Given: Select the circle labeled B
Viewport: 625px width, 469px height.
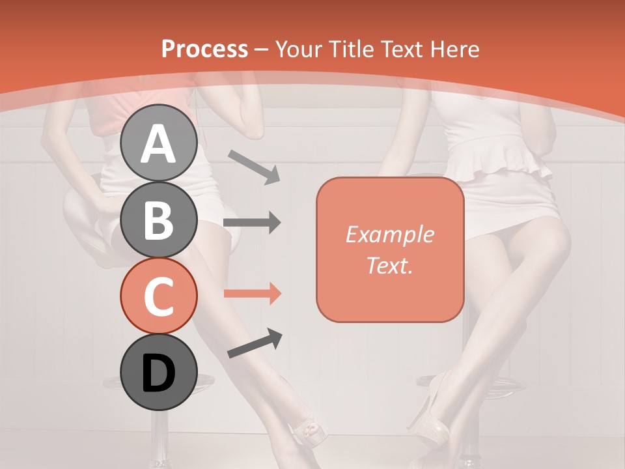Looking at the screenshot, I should [x=159, y=220].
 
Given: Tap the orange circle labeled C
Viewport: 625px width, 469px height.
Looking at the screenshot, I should [x=159, y=296].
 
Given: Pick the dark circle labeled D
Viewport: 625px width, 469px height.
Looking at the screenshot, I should [x=159, y=373].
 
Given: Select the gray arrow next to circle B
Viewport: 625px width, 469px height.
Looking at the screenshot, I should [x=252, y=223].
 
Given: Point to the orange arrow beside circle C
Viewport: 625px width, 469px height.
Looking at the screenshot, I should [x=252, y=294].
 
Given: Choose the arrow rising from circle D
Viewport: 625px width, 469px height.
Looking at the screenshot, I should [x=255, y=343].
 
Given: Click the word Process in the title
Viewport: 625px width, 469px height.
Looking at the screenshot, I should [x=204, y=49].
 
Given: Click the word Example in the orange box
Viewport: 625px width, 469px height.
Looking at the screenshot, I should [x=389, y=234].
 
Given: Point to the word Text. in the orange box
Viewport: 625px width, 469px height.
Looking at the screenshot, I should [x=389, y=265].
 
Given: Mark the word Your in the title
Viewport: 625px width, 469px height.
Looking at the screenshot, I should [x=298, y=49].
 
